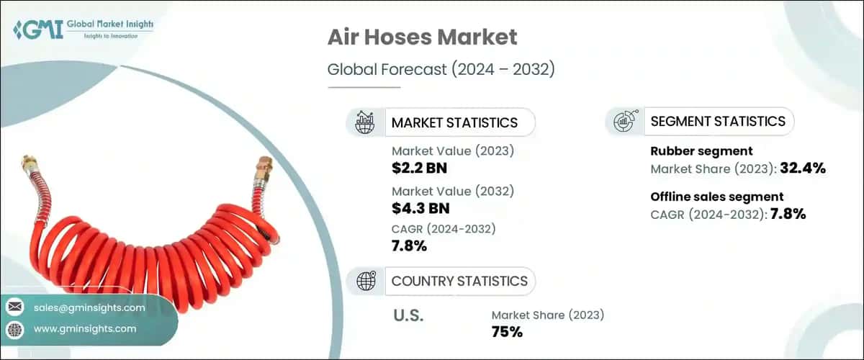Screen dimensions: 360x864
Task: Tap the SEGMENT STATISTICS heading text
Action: point(717,121)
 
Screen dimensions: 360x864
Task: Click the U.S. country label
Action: point(408,315)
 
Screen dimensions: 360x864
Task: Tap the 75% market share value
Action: point(507,332)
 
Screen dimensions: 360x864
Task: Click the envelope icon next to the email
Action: point(14,308)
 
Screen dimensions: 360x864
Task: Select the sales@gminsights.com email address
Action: point(90,308)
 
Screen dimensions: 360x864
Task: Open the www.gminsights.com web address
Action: point(85,329)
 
